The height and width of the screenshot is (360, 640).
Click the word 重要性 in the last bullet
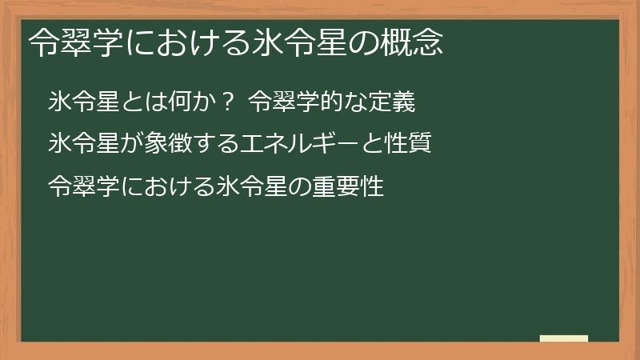click(x=355, y=187)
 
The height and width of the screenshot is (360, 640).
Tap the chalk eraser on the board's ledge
click(x=563, y=338)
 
